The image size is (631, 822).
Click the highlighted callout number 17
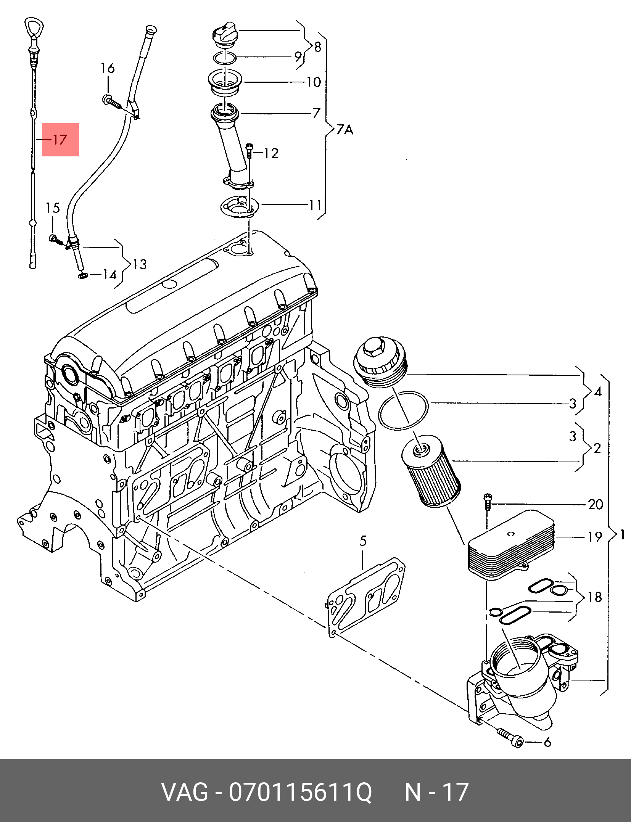click(60, 140)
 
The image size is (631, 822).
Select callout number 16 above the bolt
click(108, 68)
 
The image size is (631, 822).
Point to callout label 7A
click(345, 130)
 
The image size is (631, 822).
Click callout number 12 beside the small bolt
click(271, 153)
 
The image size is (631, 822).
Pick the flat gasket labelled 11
click(240, 208)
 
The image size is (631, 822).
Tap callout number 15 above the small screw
click(53, 208)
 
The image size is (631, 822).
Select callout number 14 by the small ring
click(109, 275)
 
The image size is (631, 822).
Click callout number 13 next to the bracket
click(140, 264)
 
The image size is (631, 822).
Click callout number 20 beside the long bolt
click(595, 505)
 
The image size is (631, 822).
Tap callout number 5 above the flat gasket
click(363, 541)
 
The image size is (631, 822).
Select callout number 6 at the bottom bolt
click(547, 742)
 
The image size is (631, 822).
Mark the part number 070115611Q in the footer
click(300, 792)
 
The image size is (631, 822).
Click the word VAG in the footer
click(185, 792)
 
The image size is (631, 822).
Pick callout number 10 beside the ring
click(314, 82)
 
